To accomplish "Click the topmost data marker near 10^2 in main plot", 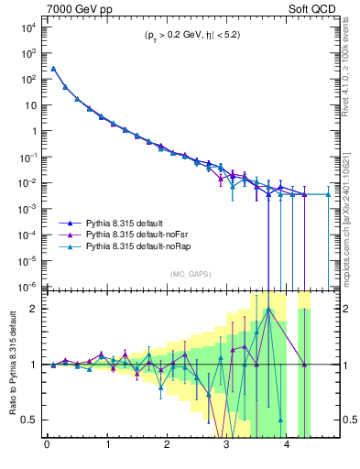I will [53, 69].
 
